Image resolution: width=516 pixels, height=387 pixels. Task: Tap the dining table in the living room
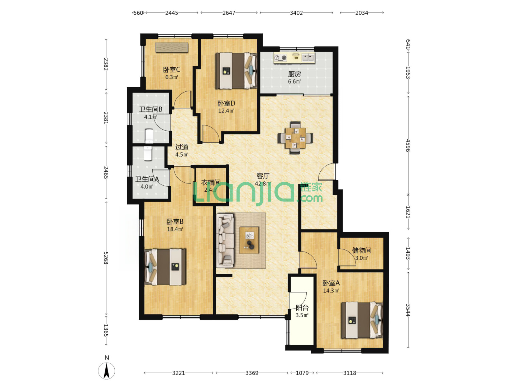[x=295, y=138]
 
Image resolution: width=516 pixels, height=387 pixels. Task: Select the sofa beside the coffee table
[x=225, y=240]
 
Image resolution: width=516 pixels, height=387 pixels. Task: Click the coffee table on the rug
[x=249, y=240]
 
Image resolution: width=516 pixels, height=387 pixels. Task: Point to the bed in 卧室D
[x=236, y=71]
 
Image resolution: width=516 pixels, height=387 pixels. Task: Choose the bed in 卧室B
[x=165, y=267]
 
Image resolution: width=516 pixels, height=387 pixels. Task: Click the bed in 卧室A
[x=362, y=320]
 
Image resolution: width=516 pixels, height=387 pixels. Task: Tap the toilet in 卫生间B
[x=149, y=136]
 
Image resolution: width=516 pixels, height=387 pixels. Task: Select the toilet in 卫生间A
[x=148, y=153]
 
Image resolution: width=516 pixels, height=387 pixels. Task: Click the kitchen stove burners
[x=281, y=58]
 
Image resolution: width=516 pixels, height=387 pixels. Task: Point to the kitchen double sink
[x=308, y=57]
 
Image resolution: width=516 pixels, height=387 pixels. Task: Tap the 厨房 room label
[x=294, y=74]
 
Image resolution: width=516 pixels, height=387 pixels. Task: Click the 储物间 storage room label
[x=362, y=250]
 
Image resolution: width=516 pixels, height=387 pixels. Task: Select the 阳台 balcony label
[x=302, y=307]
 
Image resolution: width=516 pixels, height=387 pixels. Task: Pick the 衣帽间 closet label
[x=211, y=182]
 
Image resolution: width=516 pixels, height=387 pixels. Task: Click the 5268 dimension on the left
[x=106, y=258]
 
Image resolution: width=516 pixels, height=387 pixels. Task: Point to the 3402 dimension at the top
[x=296, y=13]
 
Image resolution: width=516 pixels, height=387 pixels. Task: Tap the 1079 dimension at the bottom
[x=302, y=373]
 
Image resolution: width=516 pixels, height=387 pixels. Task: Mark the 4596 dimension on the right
[x=408, y=145]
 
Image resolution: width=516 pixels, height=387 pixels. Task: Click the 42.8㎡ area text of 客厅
[x=263, y=183]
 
